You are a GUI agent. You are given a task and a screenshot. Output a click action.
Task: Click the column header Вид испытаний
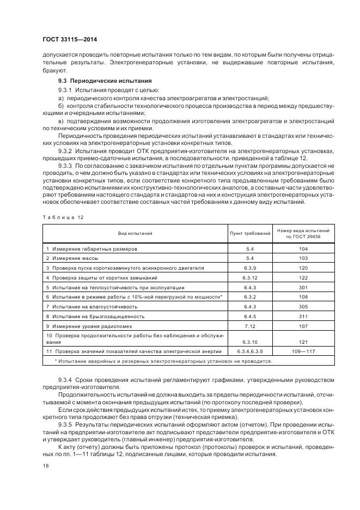[x=135, y=233]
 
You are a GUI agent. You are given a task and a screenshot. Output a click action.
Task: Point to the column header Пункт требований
[x=250, y=233]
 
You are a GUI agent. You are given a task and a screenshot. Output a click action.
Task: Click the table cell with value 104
[x=303, y=248]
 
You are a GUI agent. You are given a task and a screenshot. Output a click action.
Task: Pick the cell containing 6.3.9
[x=250, y=268]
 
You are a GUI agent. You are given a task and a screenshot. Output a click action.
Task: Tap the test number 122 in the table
[x=303, y=277]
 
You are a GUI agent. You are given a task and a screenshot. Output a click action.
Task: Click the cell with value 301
[x=303, y=287]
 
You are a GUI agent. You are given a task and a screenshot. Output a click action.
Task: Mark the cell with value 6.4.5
[x=250, y=316]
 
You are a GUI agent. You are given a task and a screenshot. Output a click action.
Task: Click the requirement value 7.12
[x=250, y=326]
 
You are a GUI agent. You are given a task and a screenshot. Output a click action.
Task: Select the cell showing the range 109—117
[x=303, y=351]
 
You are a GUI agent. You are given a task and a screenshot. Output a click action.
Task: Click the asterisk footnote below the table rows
[x=163, y=361]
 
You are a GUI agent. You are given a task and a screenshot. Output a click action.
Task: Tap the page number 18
[x=45, y=466]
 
